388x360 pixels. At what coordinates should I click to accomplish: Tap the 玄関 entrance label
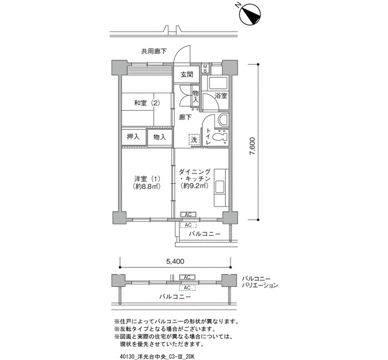pyautogui.click(x=187, y=74)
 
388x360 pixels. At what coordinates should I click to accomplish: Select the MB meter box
pyautogui.click(x=206, y=68)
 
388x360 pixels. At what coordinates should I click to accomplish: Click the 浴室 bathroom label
pyautogui.click(x=221, y=95)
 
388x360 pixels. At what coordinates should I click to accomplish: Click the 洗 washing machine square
pyautogui.click(x=194, y=139)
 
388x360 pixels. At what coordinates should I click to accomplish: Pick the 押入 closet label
pyautogui.click(x=133, y=136)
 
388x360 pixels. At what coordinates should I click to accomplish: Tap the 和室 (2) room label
pyautogui.click(x=147, y=103)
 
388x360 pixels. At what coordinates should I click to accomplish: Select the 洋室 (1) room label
pyautogui.click(x=147, y=178)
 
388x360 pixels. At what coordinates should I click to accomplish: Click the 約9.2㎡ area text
pyautogui.click(x=194, y=186)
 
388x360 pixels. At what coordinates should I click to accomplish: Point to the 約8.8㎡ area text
pyautogui.click(x=147, y=186)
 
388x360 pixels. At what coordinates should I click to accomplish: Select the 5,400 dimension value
pyautogui.click(x=175, y=261)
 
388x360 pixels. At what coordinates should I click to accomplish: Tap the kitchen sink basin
pyautogui.click(x=219, y=187)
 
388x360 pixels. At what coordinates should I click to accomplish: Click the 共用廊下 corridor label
pyautogui.click(x=154, y=52)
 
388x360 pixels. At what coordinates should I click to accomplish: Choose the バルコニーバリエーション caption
pyautogui.click(x=260, y=282)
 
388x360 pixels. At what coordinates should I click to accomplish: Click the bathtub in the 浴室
pyautogui.click(x=218, y=84)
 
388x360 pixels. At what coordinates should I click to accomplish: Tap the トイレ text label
pyautogui.click(x=208, y=136)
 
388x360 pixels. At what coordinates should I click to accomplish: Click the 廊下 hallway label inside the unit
pyautogui.click(x=185, y=117)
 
